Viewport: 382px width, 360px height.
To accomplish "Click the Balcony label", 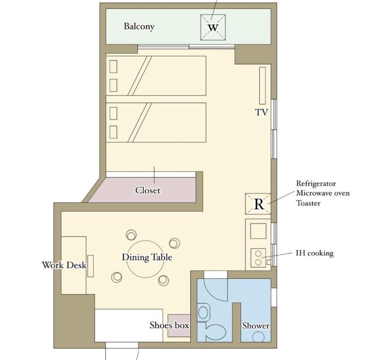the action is pos(139,26).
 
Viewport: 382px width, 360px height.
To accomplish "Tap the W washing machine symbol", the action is pos(213,27).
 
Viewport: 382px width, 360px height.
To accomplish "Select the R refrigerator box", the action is pos(258,204).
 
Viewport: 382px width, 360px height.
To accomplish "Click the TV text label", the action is pos(261,112).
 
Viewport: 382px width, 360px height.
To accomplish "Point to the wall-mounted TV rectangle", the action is pos(262,85).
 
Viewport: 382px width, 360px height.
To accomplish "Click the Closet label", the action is pos(148,190).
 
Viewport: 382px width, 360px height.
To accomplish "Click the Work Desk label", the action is pos(64,265).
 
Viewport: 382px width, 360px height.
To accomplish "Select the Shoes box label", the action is pos(169,325).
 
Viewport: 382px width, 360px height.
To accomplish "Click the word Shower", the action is pos(256,325).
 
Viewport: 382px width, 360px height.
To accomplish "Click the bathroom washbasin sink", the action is pos(203,312).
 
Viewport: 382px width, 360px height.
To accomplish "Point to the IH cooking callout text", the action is pos(314,253).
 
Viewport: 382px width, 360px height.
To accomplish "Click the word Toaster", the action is pos(308,203).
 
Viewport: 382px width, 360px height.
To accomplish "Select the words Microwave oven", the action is pos(323,193).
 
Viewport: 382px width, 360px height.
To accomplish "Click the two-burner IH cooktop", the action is pos(258,258).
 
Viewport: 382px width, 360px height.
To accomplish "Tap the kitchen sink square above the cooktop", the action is pos(258,230).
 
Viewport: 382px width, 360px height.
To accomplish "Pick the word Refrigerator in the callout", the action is pos(316,183).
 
